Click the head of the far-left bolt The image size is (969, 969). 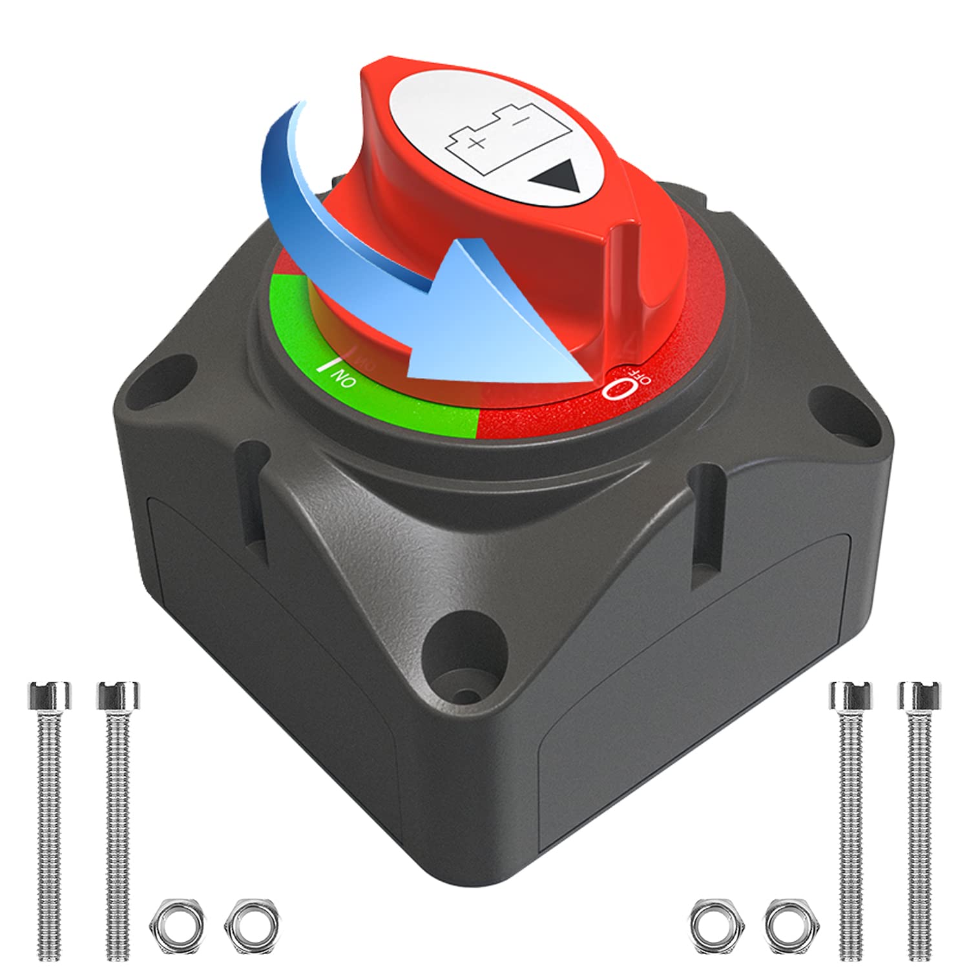(50, 695)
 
